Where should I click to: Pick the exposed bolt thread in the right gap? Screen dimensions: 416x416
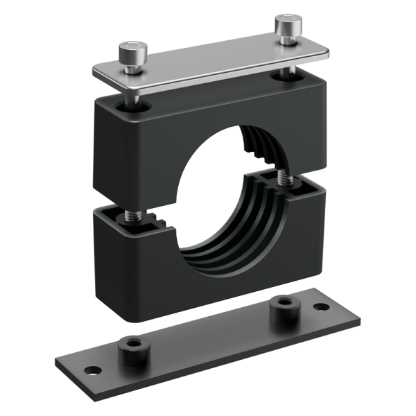click(x=284, y=177)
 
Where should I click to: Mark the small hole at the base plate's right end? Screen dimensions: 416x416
click(x=320, y=306)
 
